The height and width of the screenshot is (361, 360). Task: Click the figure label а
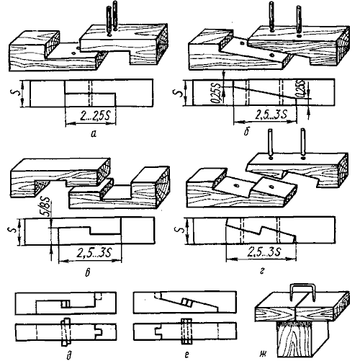(x=94, y=134)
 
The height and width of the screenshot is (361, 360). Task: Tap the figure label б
(x=246, y=132)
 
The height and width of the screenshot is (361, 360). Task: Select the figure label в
(x=88, y=273)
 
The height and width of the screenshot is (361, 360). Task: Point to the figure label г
(x=262, y=271)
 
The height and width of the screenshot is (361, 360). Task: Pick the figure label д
(x=69, y=355)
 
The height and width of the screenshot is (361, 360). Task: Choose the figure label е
(x=186, y=354)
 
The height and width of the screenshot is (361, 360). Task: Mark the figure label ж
(x=263, y=354)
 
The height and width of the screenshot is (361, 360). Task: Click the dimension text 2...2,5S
(x=93, y=116)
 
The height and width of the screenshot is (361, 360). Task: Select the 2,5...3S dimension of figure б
(x=271, y=115)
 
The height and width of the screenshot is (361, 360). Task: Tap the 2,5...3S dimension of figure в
(x=94, y=253)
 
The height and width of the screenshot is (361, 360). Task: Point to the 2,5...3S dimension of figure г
(x=264, y=251)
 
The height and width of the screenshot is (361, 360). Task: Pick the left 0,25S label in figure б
(x=214, y=93)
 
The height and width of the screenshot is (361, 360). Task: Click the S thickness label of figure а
(x=14, y=94)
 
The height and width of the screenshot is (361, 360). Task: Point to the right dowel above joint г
(x=303, y=143)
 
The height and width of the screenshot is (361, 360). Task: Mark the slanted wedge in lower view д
(x=66, y=331)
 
